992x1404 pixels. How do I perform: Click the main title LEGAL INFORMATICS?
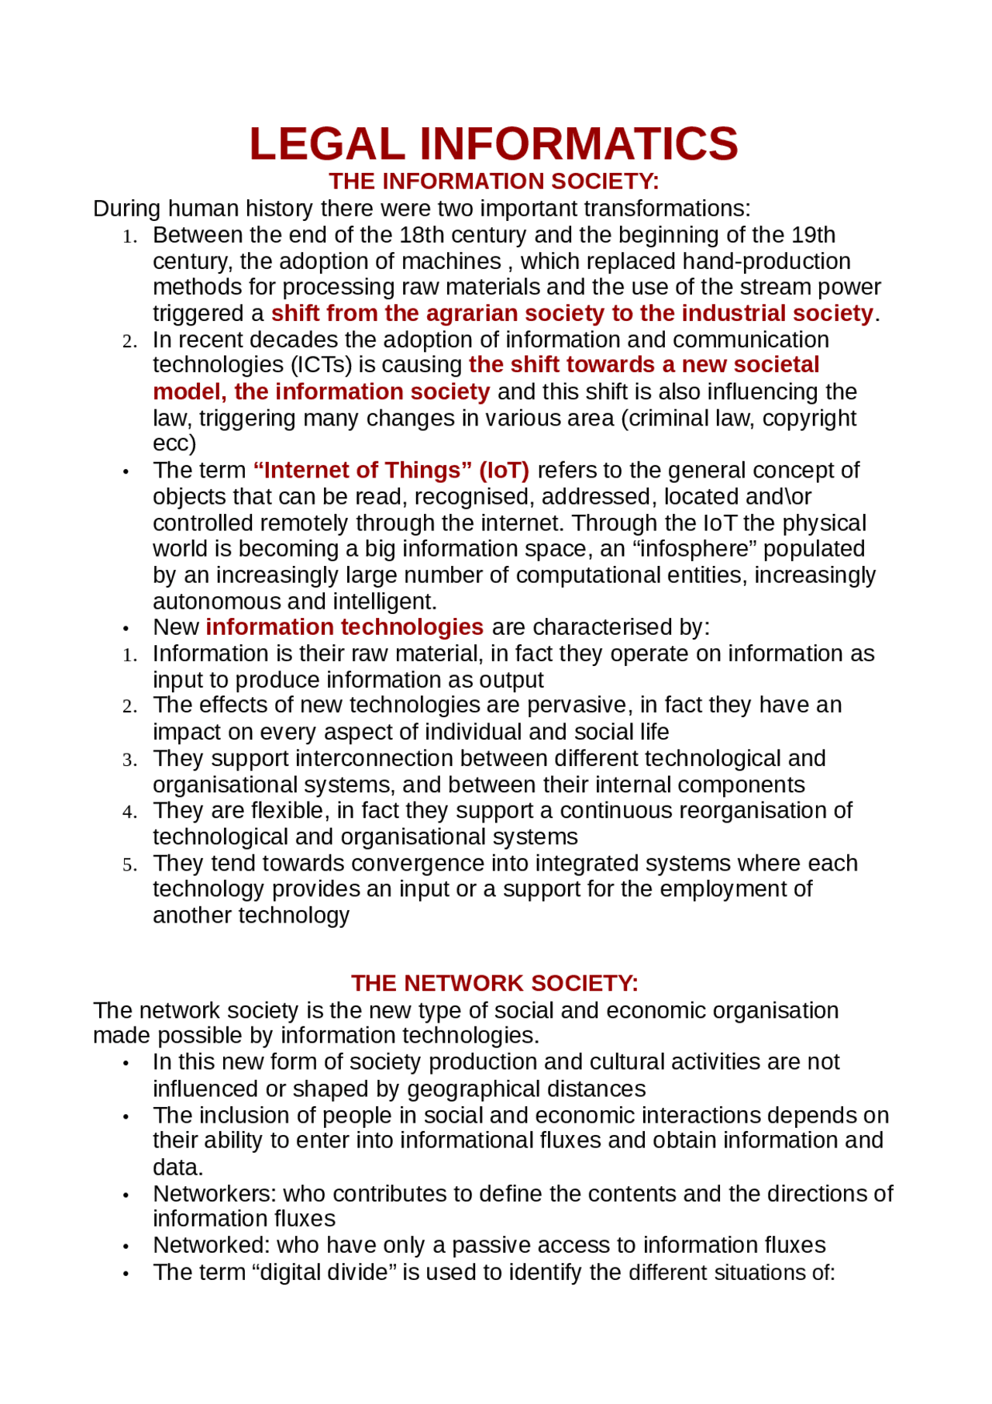[494, 144]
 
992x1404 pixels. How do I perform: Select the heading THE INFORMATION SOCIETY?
[494, 181]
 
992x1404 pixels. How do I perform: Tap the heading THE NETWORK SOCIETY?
[494, 983]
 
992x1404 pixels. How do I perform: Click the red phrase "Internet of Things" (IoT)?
[391, 471]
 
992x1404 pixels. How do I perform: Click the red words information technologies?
[344, 626]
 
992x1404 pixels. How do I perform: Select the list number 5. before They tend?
[129, 864]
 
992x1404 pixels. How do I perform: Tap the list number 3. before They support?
[129, 760]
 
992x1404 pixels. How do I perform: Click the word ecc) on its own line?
[174, 444]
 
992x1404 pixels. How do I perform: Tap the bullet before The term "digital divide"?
[125, 1274]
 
